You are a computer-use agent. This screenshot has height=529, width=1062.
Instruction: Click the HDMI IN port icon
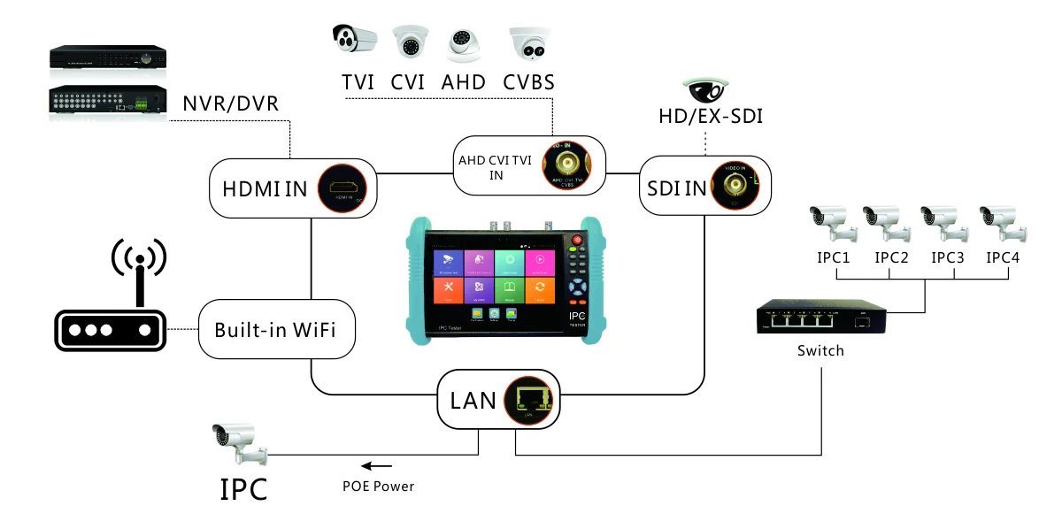tap(342, 188)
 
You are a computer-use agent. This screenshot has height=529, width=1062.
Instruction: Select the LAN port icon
tap(529, 399)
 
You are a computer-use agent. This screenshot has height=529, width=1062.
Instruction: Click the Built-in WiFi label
tap(272, 331)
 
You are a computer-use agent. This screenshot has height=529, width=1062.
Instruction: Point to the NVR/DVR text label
tap(230, 103)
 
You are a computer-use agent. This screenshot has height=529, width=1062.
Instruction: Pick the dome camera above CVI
tap(409, 42)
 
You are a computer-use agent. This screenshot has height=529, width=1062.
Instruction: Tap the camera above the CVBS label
tap(528, 42)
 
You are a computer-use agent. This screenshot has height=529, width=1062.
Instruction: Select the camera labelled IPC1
tap(832, 223)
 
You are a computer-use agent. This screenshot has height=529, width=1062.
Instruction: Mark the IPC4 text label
tap(1003, 258)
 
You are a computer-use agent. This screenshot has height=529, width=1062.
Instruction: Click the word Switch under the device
tap(820, 350)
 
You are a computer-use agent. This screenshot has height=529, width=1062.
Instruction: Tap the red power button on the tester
tap(580, 240)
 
